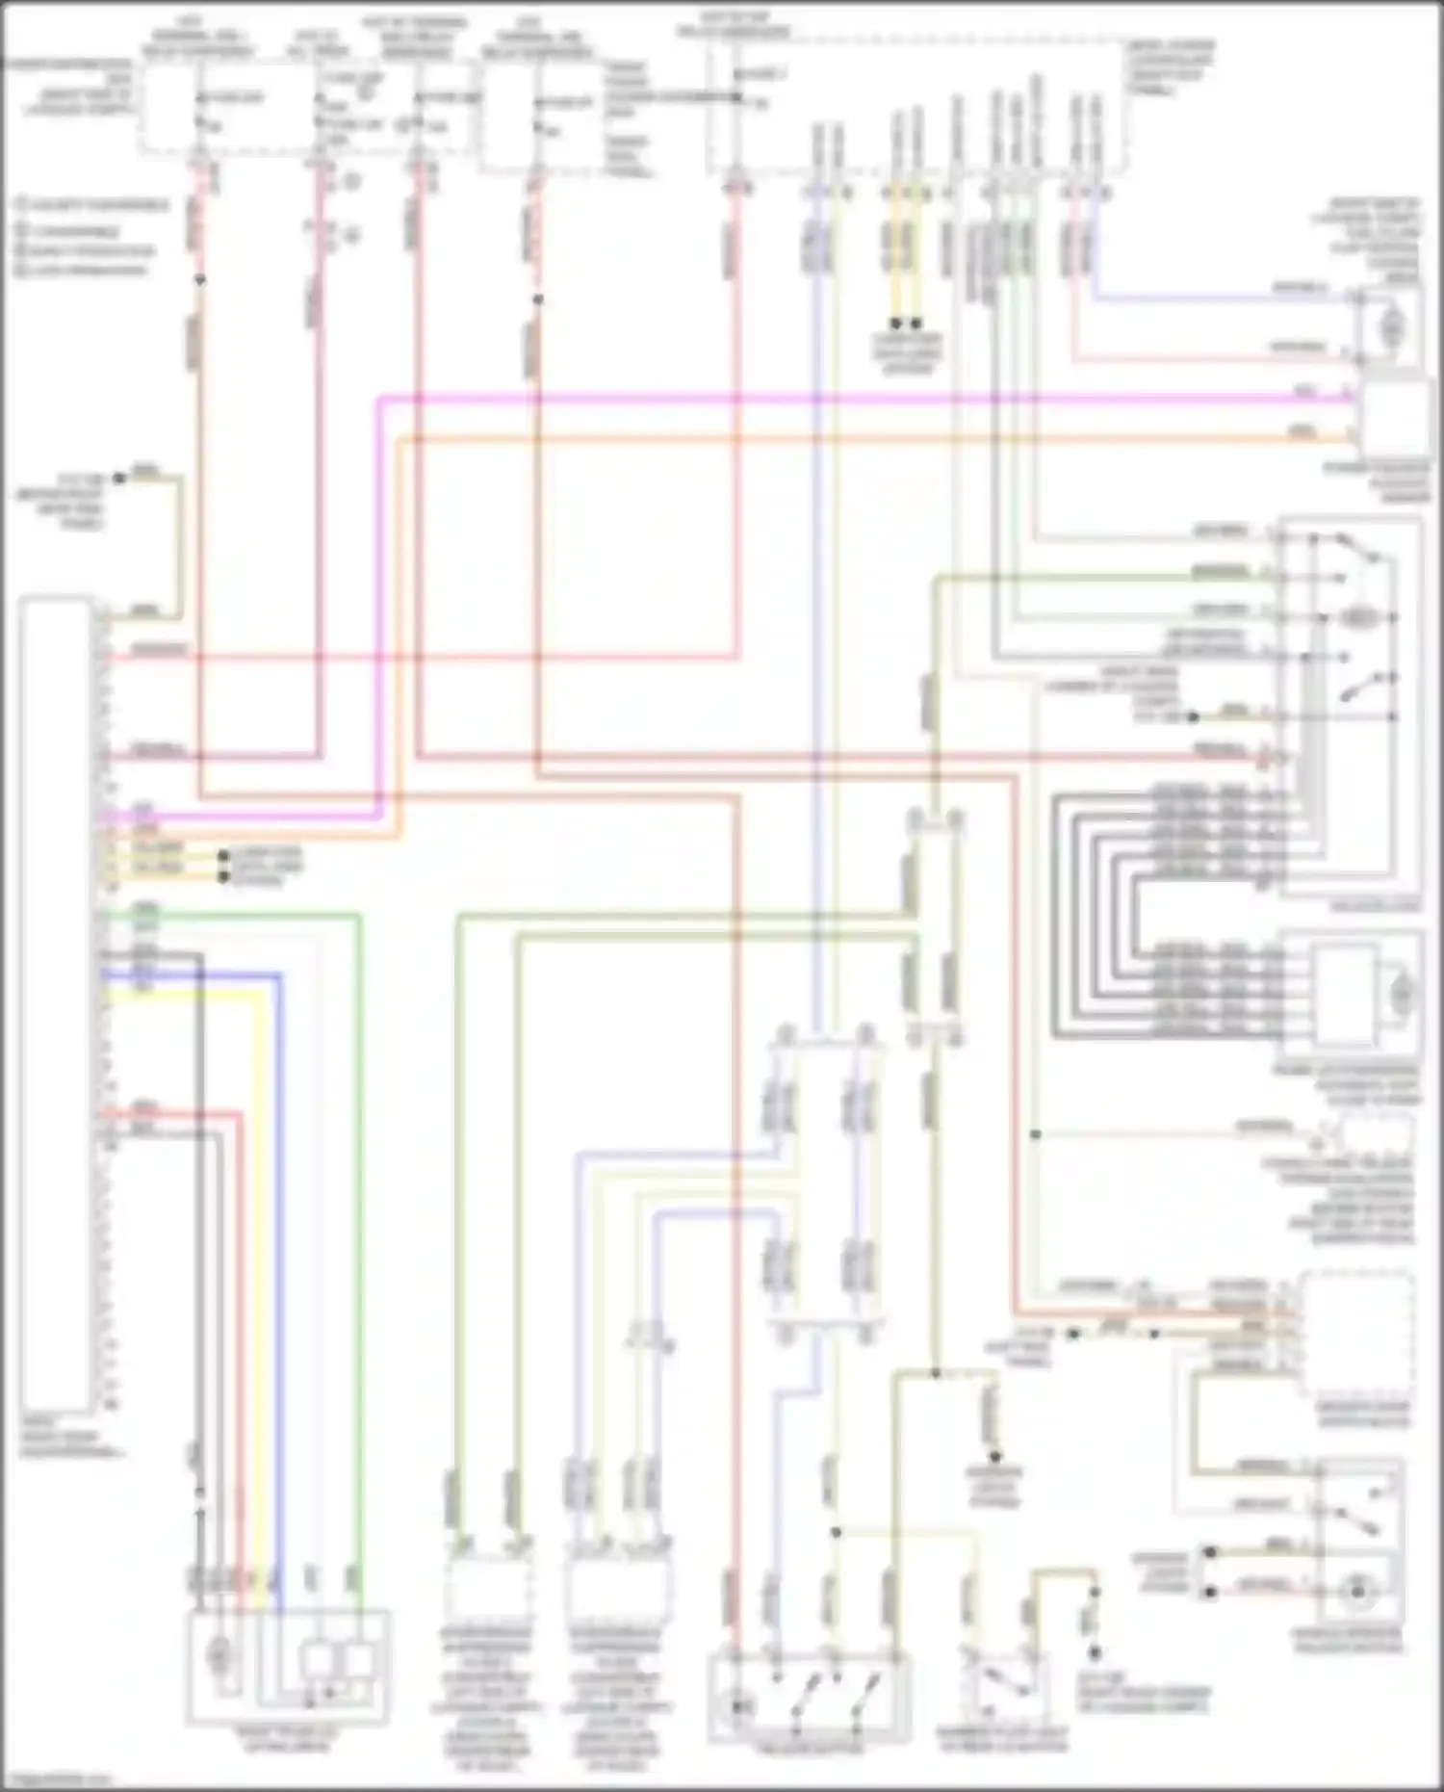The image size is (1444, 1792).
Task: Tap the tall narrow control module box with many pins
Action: coord(57,1001)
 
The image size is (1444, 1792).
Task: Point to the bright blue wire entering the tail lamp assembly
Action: coord(280,1252)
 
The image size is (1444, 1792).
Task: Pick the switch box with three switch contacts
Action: coord(809,1700)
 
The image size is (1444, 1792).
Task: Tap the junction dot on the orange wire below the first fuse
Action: coord(200,280)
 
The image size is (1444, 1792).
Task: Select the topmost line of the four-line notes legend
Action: coord(91,205)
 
